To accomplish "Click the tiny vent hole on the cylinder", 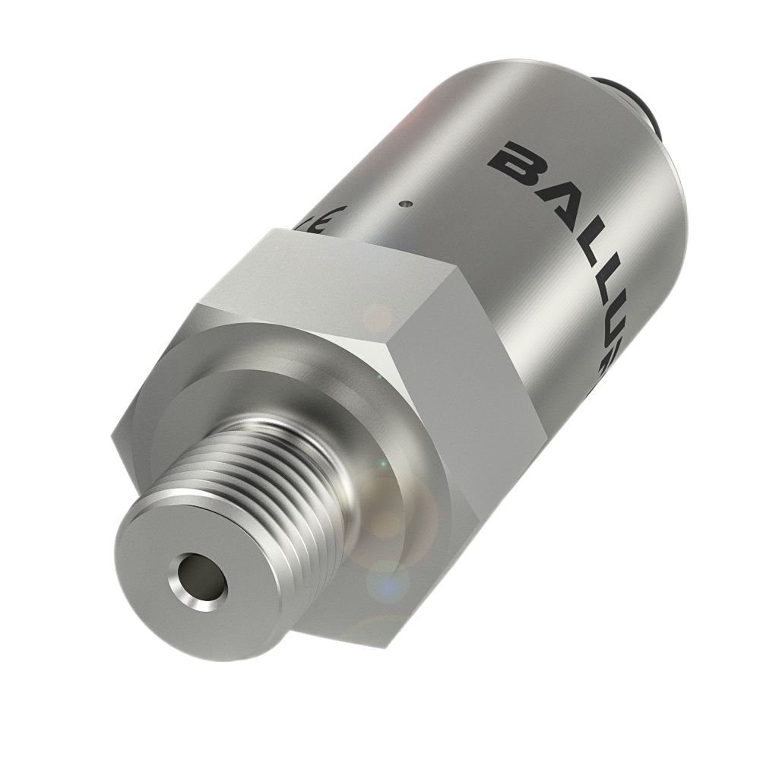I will pos(405,204).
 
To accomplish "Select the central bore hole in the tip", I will pos(201,578).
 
